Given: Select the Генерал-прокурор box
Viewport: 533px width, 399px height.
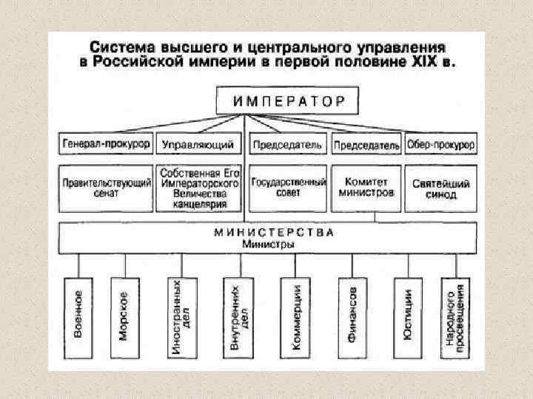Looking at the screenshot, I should click(105, 143).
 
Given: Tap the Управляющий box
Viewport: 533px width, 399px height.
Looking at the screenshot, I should click(198, 143).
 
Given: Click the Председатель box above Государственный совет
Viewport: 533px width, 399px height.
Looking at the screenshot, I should click(287, 143).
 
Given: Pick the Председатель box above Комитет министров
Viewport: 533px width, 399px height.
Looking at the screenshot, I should click(366, 143).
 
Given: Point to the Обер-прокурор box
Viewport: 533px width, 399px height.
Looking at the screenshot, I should click(440, 143).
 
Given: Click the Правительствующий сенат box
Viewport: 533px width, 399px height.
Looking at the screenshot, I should click(105, 188).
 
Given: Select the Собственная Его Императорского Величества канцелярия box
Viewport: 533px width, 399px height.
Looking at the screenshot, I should click(198, 188).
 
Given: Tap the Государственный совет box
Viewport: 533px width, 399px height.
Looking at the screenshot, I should click(287, 188).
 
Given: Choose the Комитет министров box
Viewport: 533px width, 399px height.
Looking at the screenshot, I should click(366, 188).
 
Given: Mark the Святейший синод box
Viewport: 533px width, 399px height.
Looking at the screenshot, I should click(440, 188).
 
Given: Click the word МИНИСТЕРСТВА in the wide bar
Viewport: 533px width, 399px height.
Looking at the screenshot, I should click(274, 231).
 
